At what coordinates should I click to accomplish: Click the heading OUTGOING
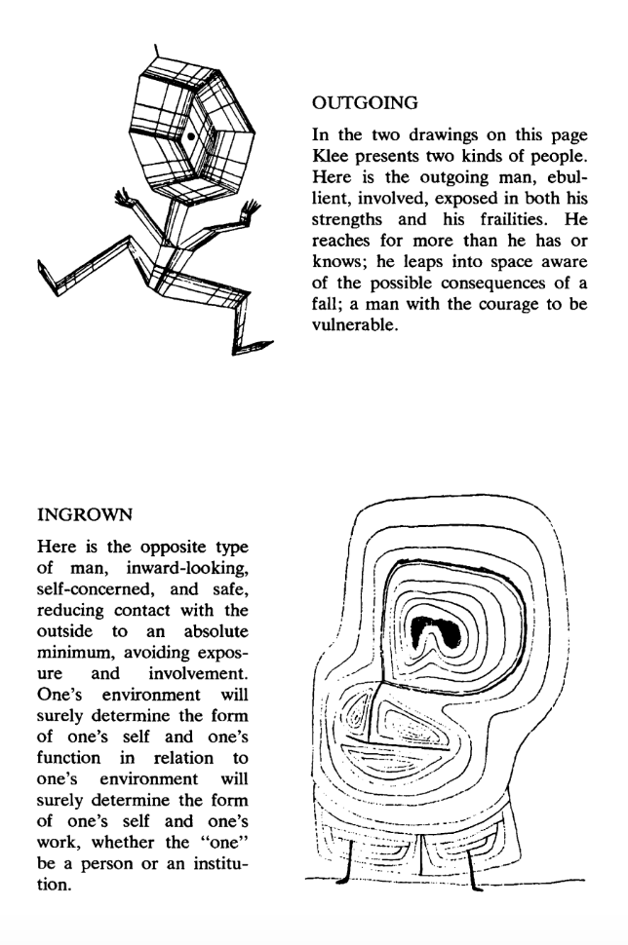point(365,101)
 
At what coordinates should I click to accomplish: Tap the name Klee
point(331,156)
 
